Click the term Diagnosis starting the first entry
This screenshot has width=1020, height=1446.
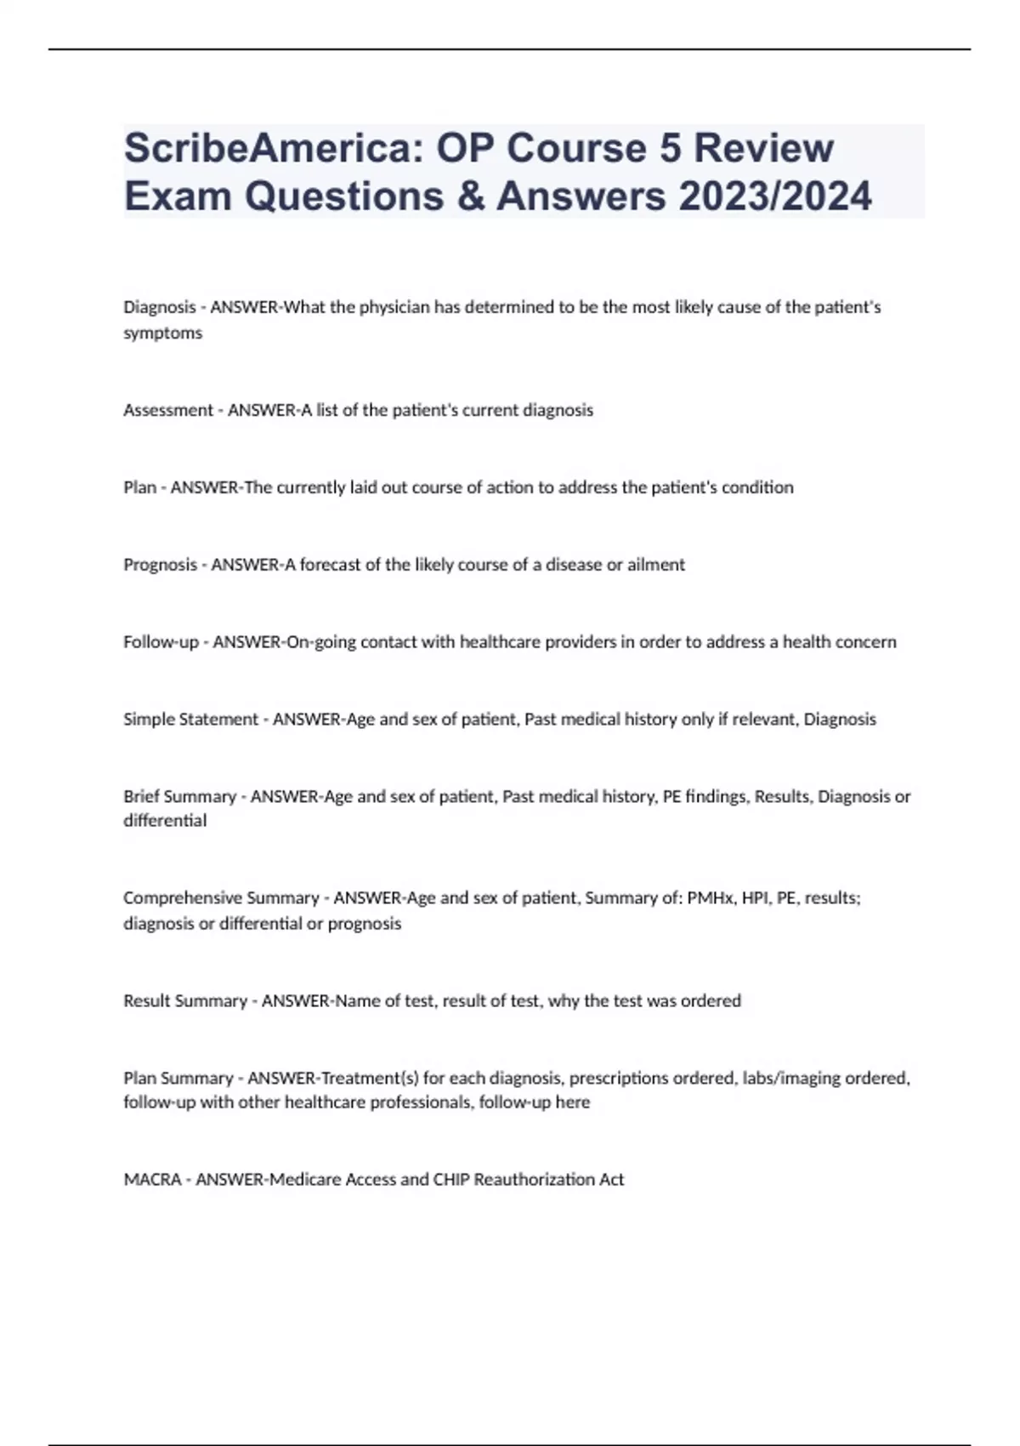160,307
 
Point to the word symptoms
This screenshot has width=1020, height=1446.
163,333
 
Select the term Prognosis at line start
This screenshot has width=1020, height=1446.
160,565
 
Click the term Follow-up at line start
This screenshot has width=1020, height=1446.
161,642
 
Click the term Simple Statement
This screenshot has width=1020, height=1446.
190,720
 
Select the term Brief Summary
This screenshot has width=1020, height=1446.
179,797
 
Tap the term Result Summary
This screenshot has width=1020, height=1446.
185,1001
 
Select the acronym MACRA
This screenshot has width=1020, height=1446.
153,1180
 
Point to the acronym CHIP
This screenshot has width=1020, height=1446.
450,1180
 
